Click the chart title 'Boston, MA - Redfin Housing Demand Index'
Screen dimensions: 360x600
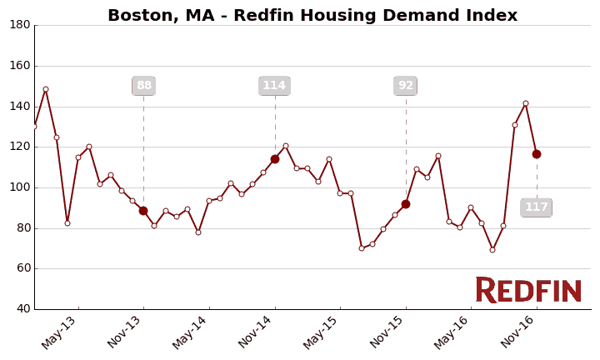point(312,16)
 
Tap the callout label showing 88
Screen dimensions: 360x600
point(143,86)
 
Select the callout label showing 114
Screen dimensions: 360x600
point(274,86)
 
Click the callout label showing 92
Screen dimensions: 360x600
point(406,86)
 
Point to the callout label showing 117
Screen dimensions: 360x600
point(536,207)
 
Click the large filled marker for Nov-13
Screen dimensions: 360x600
point(143,211)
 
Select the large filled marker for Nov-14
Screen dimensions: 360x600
point(275,159)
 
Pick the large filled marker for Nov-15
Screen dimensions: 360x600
point(406,204)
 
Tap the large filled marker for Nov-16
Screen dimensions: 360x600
point(537,154)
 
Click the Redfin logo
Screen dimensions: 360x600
point(528,290)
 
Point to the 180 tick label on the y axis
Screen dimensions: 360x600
point(20,25)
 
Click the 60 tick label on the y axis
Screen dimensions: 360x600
point(23,268)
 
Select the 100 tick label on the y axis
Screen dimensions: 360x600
point(20,187)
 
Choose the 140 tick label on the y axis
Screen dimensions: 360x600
point(20,107)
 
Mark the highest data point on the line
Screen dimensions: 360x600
point(46,89)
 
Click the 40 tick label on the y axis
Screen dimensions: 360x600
point(23,309)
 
